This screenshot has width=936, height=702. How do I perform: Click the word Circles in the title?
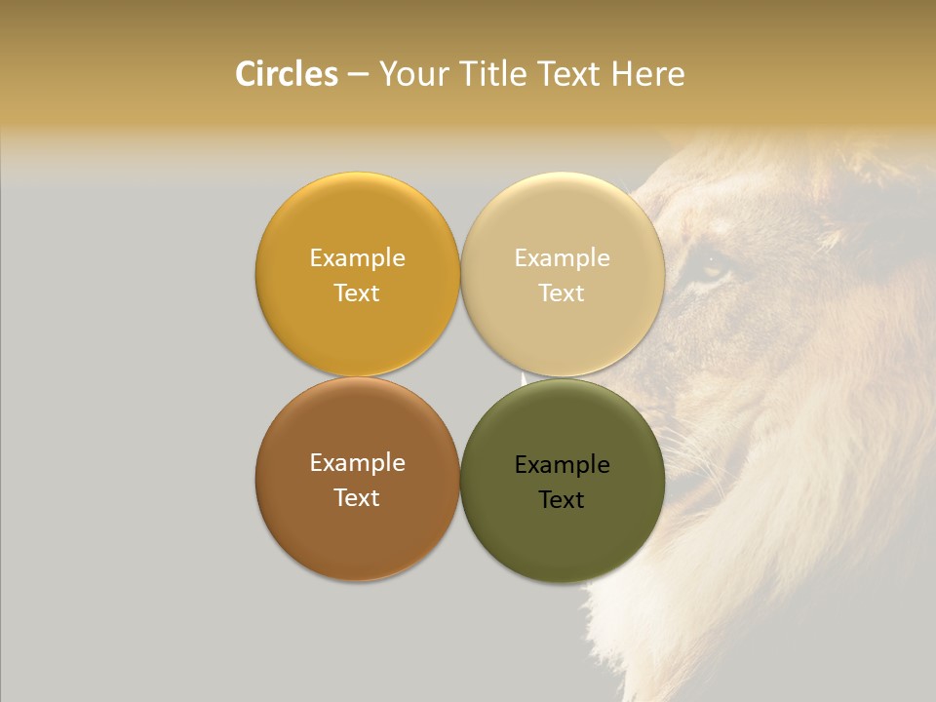click(286, 74)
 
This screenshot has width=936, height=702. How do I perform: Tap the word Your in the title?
click(411, 74)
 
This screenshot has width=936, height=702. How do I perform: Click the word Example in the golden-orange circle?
click(357, 257)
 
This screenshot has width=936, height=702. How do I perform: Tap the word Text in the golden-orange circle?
click(357, 292)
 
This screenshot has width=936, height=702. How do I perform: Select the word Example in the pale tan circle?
click(562, 257)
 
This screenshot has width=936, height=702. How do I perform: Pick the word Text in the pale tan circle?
click(562, 292)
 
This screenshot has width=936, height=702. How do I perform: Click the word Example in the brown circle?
click(357, 462)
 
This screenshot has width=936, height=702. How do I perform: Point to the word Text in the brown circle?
click(357, 497)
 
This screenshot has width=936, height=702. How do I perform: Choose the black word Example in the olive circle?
click(562, 464)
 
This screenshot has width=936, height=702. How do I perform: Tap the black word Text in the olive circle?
click(562, 499)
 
